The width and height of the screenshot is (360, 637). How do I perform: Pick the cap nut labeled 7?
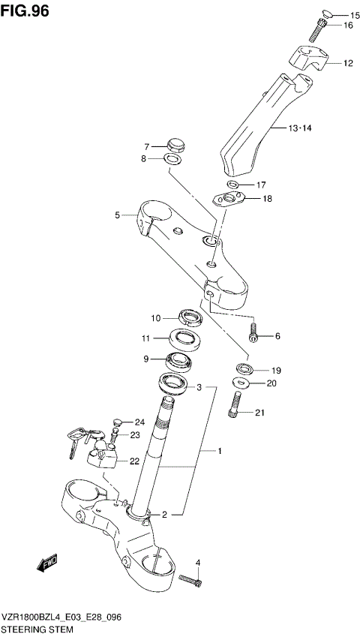175,143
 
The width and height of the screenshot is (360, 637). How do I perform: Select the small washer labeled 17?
232,185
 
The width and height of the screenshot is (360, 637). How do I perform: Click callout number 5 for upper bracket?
118,215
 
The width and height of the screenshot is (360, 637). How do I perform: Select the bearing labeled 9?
178,362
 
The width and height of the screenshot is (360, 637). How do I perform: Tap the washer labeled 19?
244,368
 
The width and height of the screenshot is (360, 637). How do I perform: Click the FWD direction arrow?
47,563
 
